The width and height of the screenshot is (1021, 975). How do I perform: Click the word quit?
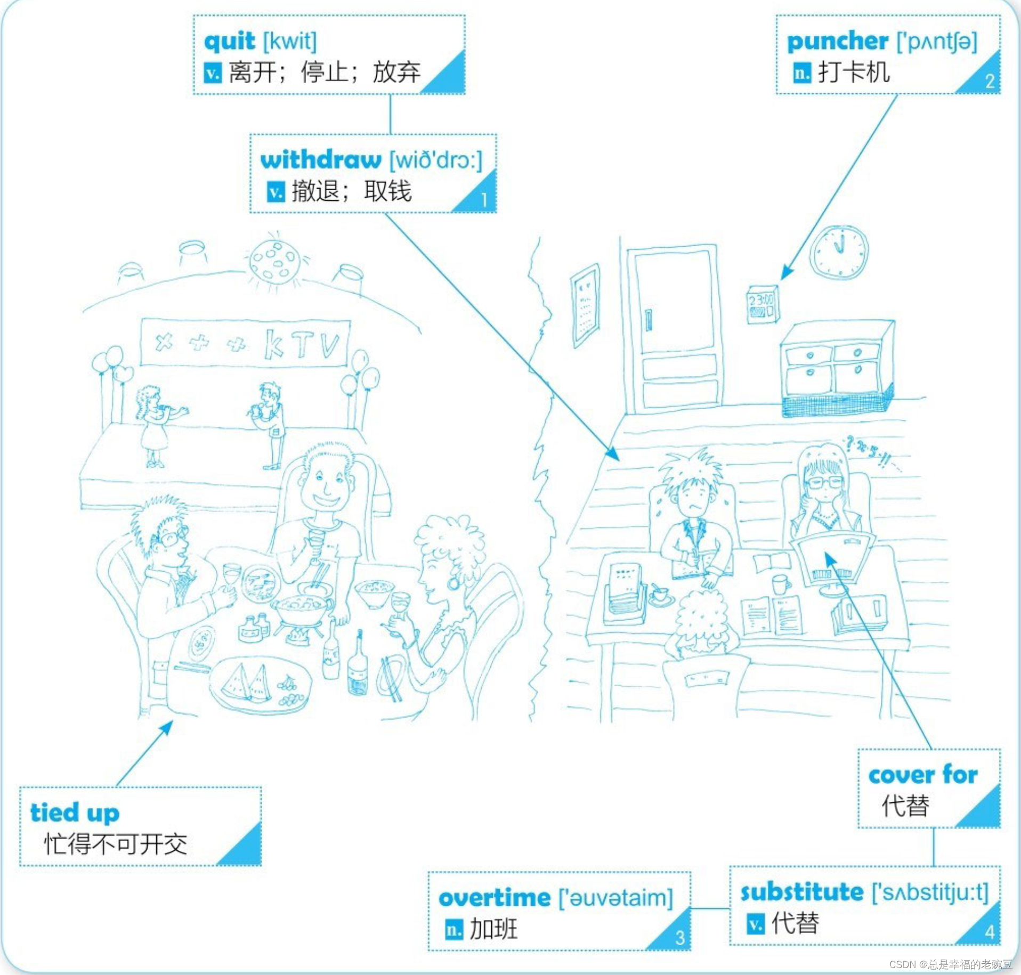229,42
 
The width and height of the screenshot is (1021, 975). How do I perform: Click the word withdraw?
321,160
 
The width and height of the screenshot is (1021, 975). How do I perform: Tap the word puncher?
837,42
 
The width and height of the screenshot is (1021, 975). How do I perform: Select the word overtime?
494,898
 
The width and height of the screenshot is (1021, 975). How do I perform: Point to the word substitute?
801,892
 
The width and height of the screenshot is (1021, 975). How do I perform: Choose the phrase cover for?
922,775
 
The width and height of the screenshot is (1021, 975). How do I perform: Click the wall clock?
839,252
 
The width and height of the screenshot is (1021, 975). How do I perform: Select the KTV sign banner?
245,344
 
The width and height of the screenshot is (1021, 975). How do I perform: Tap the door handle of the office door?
648,319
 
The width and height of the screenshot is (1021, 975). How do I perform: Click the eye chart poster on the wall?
585,305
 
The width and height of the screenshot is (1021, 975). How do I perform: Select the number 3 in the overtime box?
679,938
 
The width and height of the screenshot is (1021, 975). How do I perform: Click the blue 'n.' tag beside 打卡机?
801,72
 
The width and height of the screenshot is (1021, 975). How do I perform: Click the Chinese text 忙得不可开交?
115,844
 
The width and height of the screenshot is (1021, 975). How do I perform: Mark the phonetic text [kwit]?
290,42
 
